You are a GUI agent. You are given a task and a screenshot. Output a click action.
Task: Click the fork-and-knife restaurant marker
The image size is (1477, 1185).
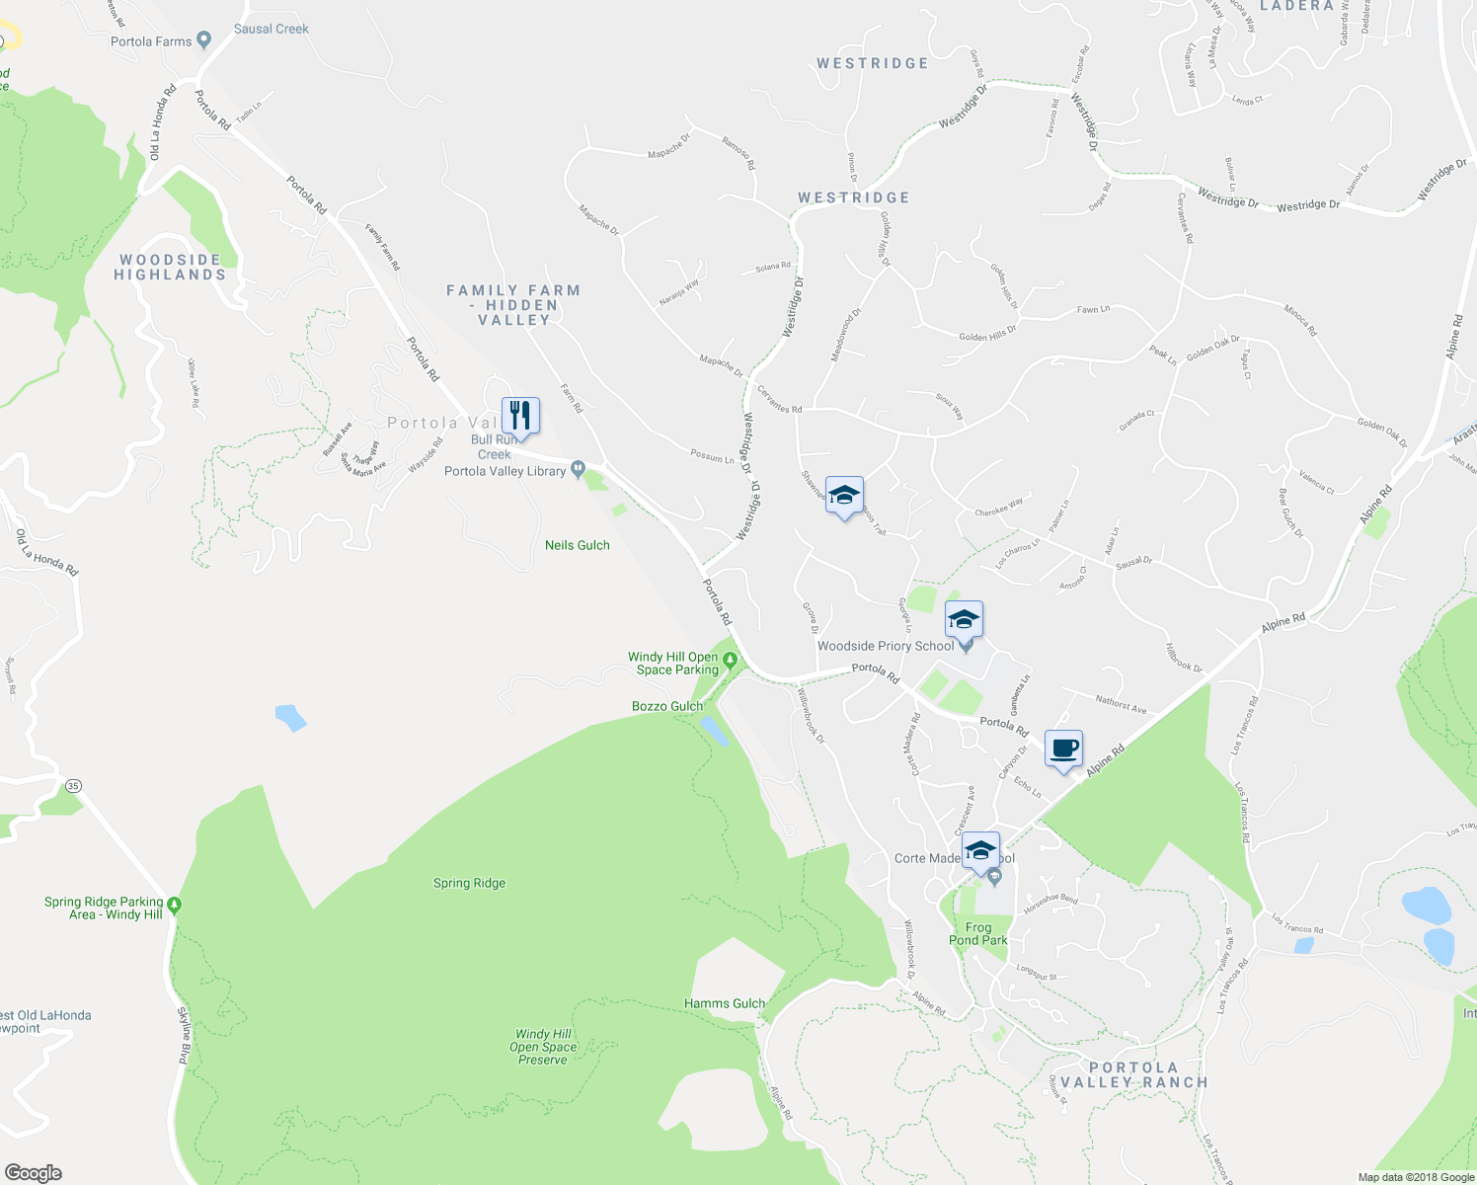pyautogui.click(x=520, y=416)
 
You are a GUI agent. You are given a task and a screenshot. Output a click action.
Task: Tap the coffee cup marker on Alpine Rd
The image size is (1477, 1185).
pyautogui.click(x=1063, y=750)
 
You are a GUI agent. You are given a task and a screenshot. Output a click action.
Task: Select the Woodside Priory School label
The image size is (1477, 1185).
pyautogui.click(x=885, y=646)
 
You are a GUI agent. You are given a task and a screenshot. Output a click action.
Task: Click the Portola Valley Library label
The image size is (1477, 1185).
pyautogui.click(x=505, y=471)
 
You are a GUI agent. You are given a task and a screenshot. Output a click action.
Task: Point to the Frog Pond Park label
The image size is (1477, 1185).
pyautogui.click(x=977, y=933)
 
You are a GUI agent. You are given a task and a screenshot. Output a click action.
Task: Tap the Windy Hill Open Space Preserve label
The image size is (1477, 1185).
pyautogui.click(x=543, y=1047)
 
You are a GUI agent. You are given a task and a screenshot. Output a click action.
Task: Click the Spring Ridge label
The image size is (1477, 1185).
pyautogui.click(x=469, y=883)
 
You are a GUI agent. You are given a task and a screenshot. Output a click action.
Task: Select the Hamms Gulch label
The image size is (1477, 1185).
pyautogui.click(x=724, y=1003)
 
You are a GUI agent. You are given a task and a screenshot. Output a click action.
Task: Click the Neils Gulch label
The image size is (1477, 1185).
pyautogui.click(x=577, y=545)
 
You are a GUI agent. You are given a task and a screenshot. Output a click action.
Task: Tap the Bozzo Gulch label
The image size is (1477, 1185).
pyautogui.click(x=667, y=706)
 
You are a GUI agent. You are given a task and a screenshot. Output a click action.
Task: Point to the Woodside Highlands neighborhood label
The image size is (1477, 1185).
pyautogui.click(x=170, y=268)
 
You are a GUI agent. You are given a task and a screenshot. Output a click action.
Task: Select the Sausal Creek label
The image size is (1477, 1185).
pyautogui.click(x=271, y=29)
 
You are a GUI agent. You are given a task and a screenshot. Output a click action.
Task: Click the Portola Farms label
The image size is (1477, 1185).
pyautogui.click(x=151, y=41)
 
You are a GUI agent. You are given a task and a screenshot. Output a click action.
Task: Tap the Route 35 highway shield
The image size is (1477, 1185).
pyautogui.click(x=73, y=786)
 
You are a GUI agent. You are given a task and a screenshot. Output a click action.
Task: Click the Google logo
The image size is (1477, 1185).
pyautogui.click(x=33, y=1173)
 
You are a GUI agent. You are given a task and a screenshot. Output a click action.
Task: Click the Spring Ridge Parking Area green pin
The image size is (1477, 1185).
pyautogui.click(x=175, y=904)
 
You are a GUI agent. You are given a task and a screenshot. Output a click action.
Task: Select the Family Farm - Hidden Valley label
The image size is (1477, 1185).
pyautogui.click(x=512, y=305)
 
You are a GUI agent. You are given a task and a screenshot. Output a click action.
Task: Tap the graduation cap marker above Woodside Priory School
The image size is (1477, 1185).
pyautogui.click(x=964, y=620)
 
